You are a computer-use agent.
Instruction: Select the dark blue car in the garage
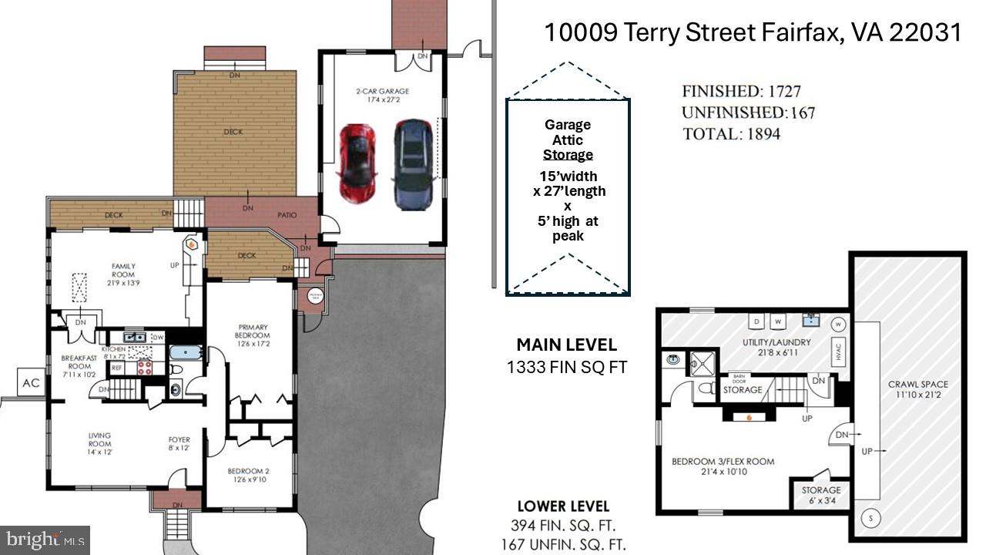coord(412,164)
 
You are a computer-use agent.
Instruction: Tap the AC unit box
coord(32,382)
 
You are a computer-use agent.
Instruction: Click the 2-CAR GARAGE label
coord(382,95)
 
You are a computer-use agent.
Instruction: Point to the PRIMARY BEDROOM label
coord(253,335)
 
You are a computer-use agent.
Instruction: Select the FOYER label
coord(179,444)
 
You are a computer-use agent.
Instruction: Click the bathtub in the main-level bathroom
coord(186,355)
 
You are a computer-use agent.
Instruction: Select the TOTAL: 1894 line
coord(731,134)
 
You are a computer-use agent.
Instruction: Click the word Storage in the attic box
coord(568,155)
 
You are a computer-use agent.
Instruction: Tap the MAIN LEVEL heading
coord(566,345)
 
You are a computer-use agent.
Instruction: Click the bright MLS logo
coord(45,539)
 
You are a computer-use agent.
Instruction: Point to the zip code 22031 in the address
coord(925,32)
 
